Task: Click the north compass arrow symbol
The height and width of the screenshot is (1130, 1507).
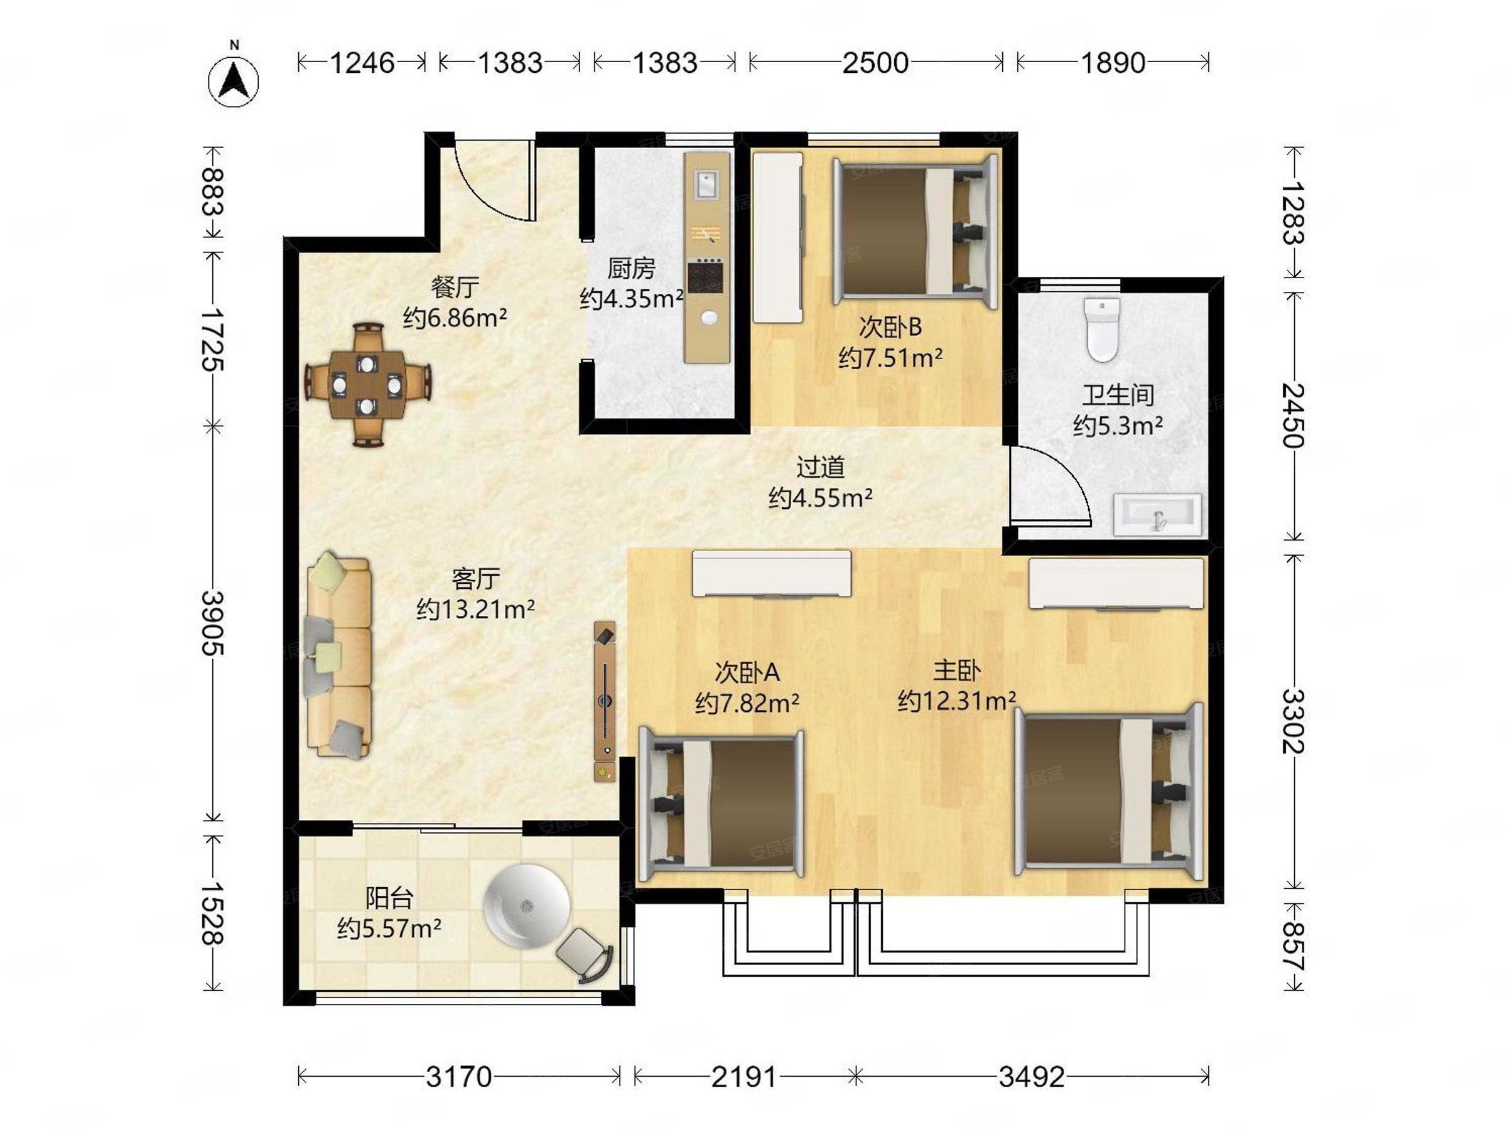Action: [x=234, y=81]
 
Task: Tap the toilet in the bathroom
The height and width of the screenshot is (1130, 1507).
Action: [x=1101, y=329]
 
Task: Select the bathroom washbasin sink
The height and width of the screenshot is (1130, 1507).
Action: [x=1157, y=515]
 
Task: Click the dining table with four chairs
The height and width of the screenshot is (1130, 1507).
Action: [x=367, y=385]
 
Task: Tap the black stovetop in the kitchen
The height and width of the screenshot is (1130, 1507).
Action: [x=705, y=276]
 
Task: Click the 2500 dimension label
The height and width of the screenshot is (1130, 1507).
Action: [x=875, y=63]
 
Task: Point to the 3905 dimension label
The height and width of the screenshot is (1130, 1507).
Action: [x=213, y=623]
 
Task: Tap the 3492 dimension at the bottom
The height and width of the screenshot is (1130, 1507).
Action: [x=1032, y=1077]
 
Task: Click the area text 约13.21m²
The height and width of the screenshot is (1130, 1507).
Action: [x=475, y=609]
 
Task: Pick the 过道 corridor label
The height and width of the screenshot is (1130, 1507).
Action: [x=820, y=467]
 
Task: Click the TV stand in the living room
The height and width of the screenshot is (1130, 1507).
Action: [x=605, y=701]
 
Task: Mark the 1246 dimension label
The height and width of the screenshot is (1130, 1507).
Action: [x=362, y=63]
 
